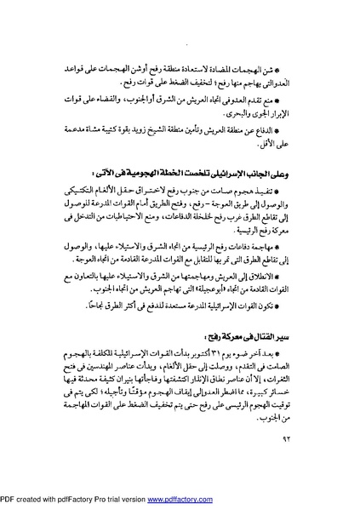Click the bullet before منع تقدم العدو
289,99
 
